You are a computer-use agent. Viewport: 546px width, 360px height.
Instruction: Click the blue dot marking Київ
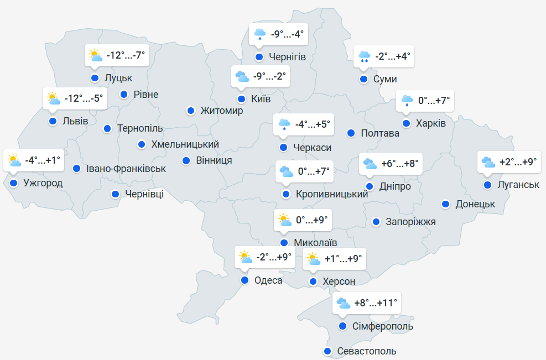click(241, 100)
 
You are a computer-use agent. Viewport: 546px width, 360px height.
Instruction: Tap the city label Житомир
click(222, 111)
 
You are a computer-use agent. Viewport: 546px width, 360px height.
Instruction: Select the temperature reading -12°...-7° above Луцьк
click(126, 55)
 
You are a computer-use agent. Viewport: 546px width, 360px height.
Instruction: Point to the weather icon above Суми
click(364, 56)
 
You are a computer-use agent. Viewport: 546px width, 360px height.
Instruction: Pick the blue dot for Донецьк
click(445, 204)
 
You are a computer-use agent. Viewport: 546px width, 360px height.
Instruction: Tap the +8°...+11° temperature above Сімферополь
click(376, 303)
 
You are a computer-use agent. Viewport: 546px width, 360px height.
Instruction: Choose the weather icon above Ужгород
click(13, 161)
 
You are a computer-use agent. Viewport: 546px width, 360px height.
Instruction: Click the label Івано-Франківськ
click(126, 168)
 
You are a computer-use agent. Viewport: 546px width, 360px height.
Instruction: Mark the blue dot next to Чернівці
click(115, 194)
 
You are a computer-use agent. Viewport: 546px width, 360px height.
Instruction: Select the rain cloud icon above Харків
click(407, 101)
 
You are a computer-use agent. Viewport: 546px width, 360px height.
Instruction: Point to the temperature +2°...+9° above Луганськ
click(518, 162)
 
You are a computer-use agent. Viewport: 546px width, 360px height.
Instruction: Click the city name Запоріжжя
click(410, 222)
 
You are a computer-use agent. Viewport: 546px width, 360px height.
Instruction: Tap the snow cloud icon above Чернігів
click(259, 34)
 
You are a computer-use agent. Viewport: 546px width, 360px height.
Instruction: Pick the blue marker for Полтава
click(351, 133)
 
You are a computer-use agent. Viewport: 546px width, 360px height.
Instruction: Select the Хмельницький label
click(185, 144)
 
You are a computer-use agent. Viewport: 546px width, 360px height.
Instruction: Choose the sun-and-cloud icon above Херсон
click(313, 258)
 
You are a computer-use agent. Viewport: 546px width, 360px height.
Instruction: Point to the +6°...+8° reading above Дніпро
click(400, 164)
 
